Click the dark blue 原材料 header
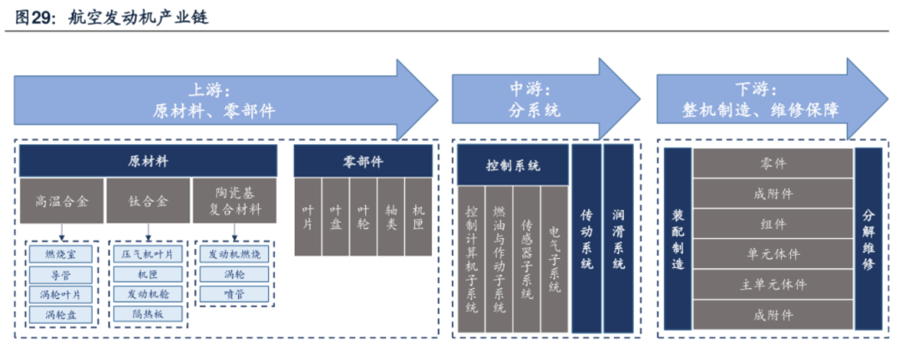pos(148,160)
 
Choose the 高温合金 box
pos(62,200)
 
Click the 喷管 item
pos(234,294)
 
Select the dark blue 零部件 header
pos(362,160)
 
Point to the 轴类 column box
pos(390,216)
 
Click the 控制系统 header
pos(513,165)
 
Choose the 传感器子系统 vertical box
pos(526,259)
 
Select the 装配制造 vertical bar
pos(678,240)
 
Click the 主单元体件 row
pos(773,284)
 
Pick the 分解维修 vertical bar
pos(868,240)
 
